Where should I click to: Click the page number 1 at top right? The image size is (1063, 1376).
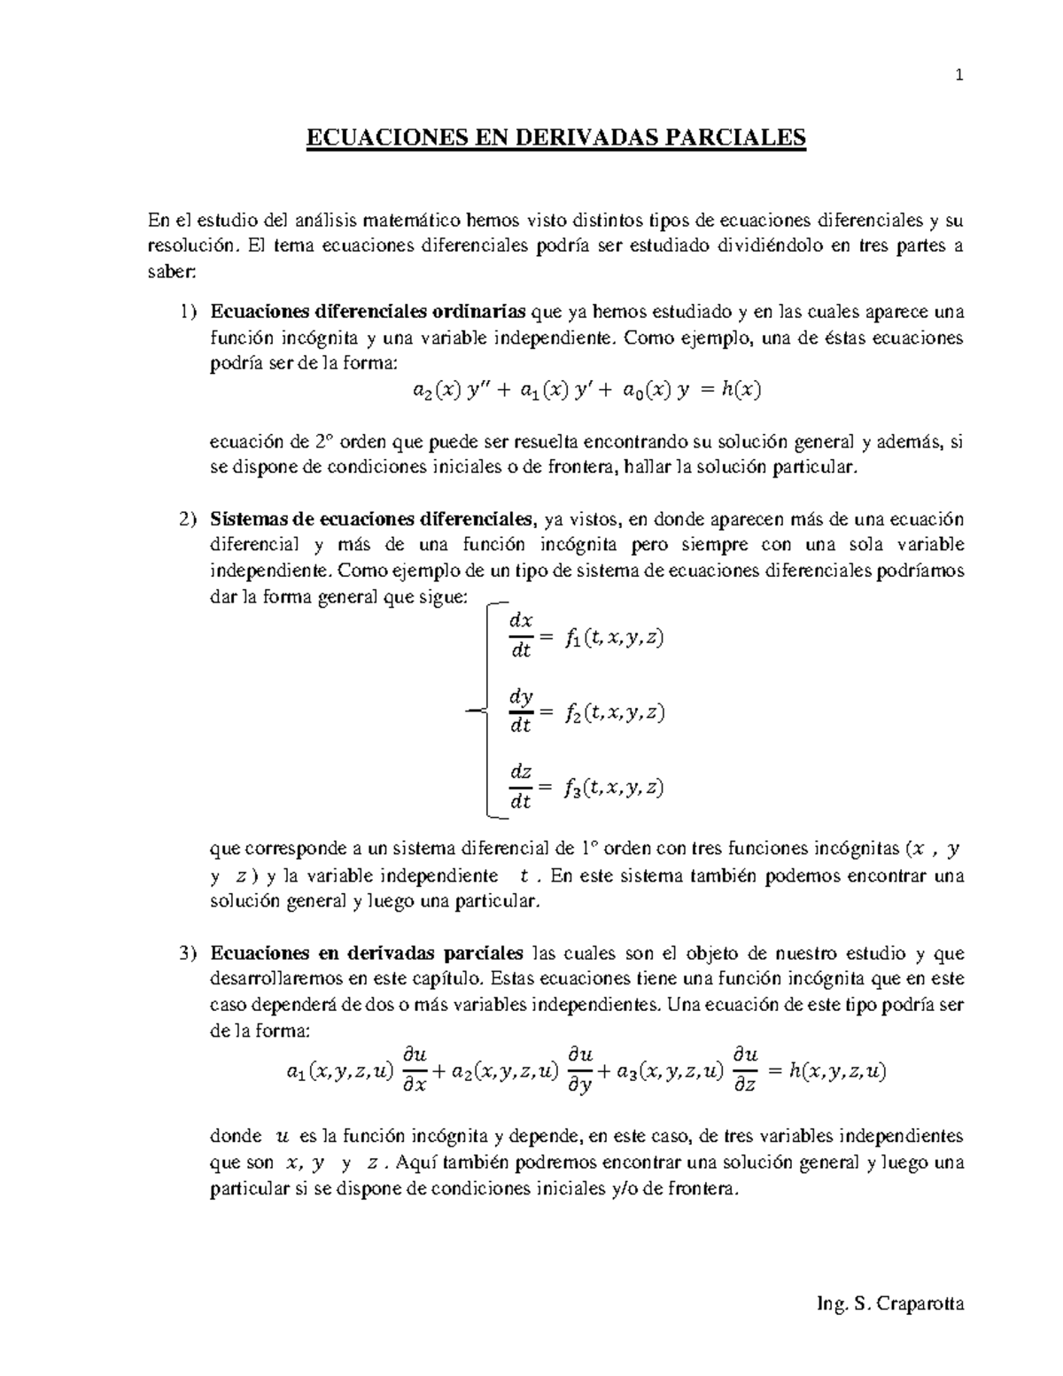pos(958,75)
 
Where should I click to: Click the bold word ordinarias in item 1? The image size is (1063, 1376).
pos(478,312)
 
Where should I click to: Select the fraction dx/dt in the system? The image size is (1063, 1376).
pos(521,636)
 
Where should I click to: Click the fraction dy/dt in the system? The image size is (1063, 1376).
pos(521,711)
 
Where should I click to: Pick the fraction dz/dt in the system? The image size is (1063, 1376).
pos(521,787)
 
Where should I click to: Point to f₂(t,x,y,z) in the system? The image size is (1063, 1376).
pos(613,712)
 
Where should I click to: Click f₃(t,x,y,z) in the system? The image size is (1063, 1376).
pos(613,788)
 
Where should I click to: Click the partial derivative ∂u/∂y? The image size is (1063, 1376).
pos(580,1070)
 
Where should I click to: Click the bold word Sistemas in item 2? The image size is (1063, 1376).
pos(244,518)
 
